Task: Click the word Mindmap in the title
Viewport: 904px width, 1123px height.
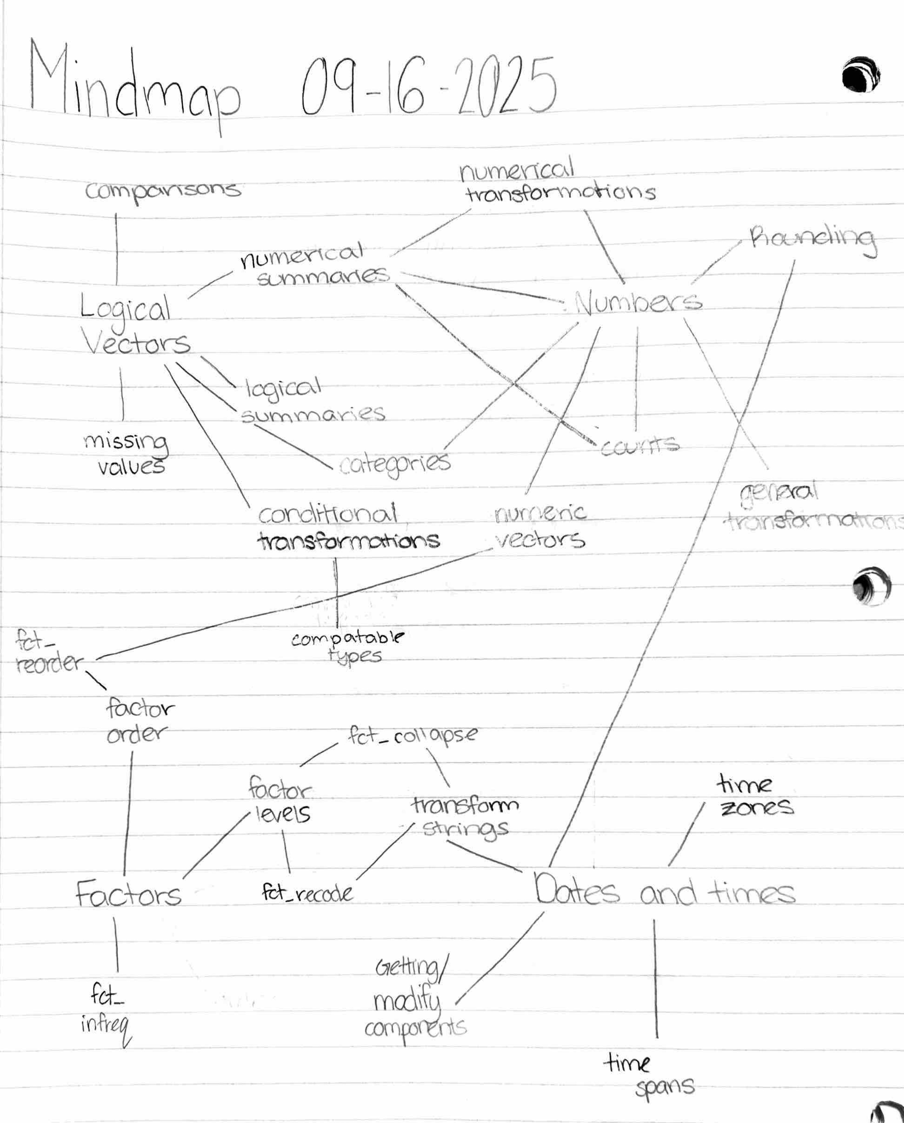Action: [134, 86]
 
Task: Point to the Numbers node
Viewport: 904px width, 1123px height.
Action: [638, 303]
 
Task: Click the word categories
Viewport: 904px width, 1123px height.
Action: [395, 464]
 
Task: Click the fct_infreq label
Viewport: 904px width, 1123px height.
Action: [106, 1013]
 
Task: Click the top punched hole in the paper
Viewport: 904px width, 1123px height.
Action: [861, 74]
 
